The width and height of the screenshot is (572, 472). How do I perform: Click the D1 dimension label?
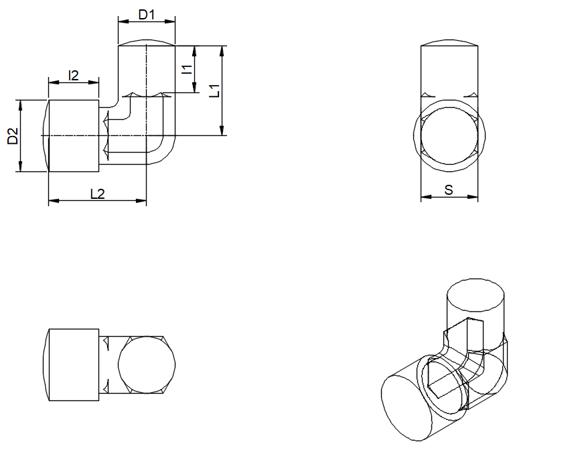147,15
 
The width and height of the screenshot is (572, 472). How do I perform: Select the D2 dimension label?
13,136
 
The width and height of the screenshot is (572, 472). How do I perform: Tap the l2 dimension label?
73,76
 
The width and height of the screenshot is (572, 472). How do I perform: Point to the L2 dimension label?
97,193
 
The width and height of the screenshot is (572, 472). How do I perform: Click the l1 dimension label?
187,70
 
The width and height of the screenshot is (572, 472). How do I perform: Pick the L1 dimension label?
214,91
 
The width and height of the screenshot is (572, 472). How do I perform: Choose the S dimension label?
449,189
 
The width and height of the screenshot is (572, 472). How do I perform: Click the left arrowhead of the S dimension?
426,197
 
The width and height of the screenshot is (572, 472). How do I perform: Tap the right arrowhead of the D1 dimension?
170,21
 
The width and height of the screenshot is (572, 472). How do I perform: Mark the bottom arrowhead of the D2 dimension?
20,166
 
